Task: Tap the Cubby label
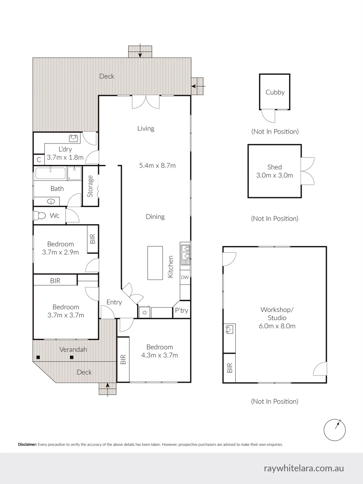(275, 92)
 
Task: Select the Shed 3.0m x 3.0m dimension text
(274, 175)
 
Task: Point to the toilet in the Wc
(40, 216)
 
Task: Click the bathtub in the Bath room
(51, 173)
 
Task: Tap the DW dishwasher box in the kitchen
(185, 277)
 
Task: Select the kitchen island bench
(155, 263)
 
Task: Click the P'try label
(181, 311)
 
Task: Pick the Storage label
(90, 186)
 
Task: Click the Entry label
(114, 302)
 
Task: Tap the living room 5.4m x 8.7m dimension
(157, 165)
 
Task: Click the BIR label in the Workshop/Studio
(230, 369)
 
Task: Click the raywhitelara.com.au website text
(304, 468)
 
